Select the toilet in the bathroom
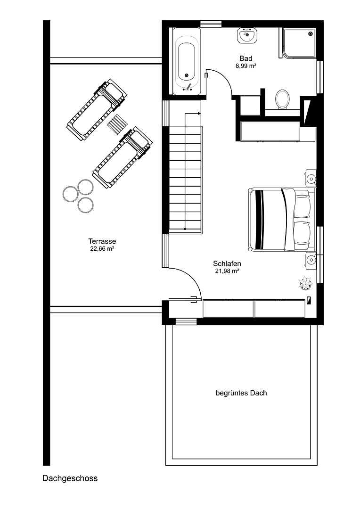[x=282, y=99]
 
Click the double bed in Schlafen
[x=279, y=219]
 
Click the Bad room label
[x=245, y=58]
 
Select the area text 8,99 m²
[x=245, y=66]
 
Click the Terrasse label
[x=102, y=241]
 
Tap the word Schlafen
[x=227, y=263]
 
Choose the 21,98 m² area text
[x=227, y=271]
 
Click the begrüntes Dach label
[x=241, y=393]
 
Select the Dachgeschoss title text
[x=70, y=478]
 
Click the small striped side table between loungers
[x=117, y=124]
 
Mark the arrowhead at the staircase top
[x=199, y=114]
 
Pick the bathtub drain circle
[x=187, y=75]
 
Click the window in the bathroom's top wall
[x=211, y=24]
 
